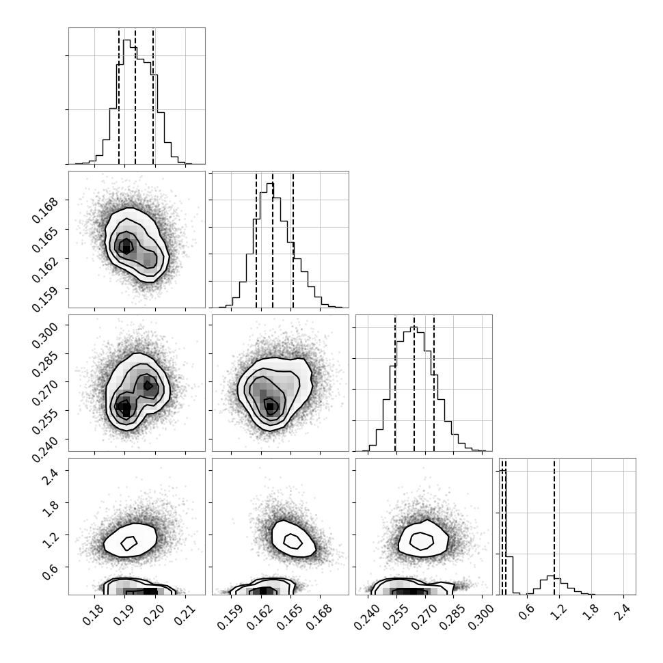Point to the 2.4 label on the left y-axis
point(51,477)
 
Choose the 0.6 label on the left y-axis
point(51,573)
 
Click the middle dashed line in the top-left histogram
point(135,96)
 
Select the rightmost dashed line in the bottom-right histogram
point(554,526)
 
